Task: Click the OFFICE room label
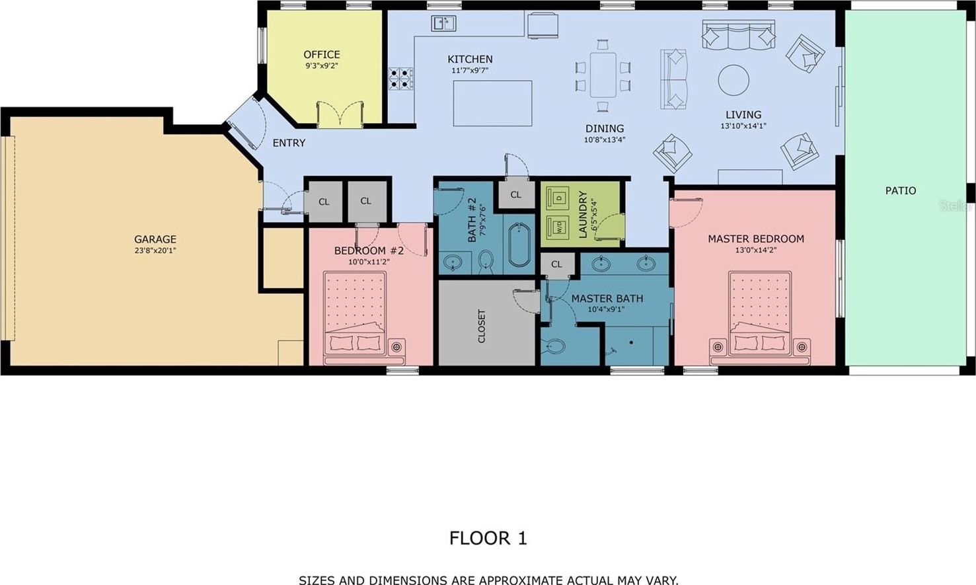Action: tap(322, 54)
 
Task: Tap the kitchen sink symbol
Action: tap(443, 23)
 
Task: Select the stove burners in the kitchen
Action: tap(401, 79)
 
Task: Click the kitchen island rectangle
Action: tap(492, 103)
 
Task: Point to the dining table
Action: tap(603, 75)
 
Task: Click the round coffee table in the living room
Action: tap(733, 80)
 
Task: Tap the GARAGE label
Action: tap(155, 239)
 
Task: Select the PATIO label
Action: tap(901, 190)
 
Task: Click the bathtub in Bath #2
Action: tap(519, 245)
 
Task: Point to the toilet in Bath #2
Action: tap(486, 262)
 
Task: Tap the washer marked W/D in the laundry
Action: tap(558, 227)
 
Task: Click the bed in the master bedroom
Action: tap(761, 318)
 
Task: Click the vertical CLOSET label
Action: tap(482, 327)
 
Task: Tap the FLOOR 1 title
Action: tap(488, 538)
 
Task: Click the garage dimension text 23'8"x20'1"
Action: tap(155, 251)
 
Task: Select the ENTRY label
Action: tap(289, 143)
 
